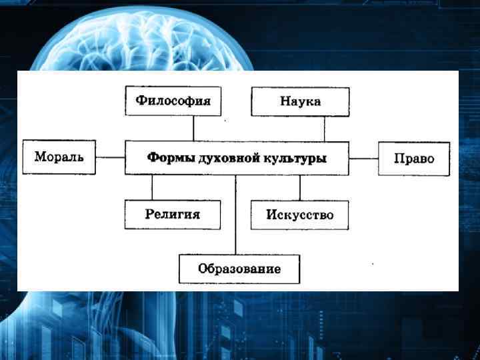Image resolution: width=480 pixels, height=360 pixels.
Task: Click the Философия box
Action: (173, 101)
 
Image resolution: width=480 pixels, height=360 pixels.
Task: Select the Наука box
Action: (300, 102)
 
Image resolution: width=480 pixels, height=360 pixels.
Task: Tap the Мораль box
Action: (59, 157)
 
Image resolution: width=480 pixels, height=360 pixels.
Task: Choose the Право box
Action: (414, 159)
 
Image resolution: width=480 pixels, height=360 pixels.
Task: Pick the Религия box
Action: (173, 215)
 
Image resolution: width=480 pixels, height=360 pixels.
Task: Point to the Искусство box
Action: (299, 215)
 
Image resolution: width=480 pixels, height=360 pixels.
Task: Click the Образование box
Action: (239, 269)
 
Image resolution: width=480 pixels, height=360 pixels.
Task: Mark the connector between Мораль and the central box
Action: (110, 158)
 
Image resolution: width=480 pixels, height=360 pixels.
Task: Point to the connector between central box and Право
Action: (363, 159)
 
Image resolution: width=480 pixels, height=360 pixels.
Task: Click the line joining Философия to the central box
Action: (193, 129)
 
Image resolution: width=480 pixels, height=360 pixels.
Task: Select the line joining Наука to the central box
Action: (324, 129)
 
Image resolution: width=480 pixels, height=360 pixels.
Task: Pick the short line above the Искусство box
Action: (299, 187)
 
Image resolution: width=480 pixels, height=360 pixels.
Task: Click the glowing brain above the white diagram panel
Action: (153, 37)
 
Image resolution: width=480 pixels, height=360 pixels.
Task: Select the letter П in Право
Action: (398, 159)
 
